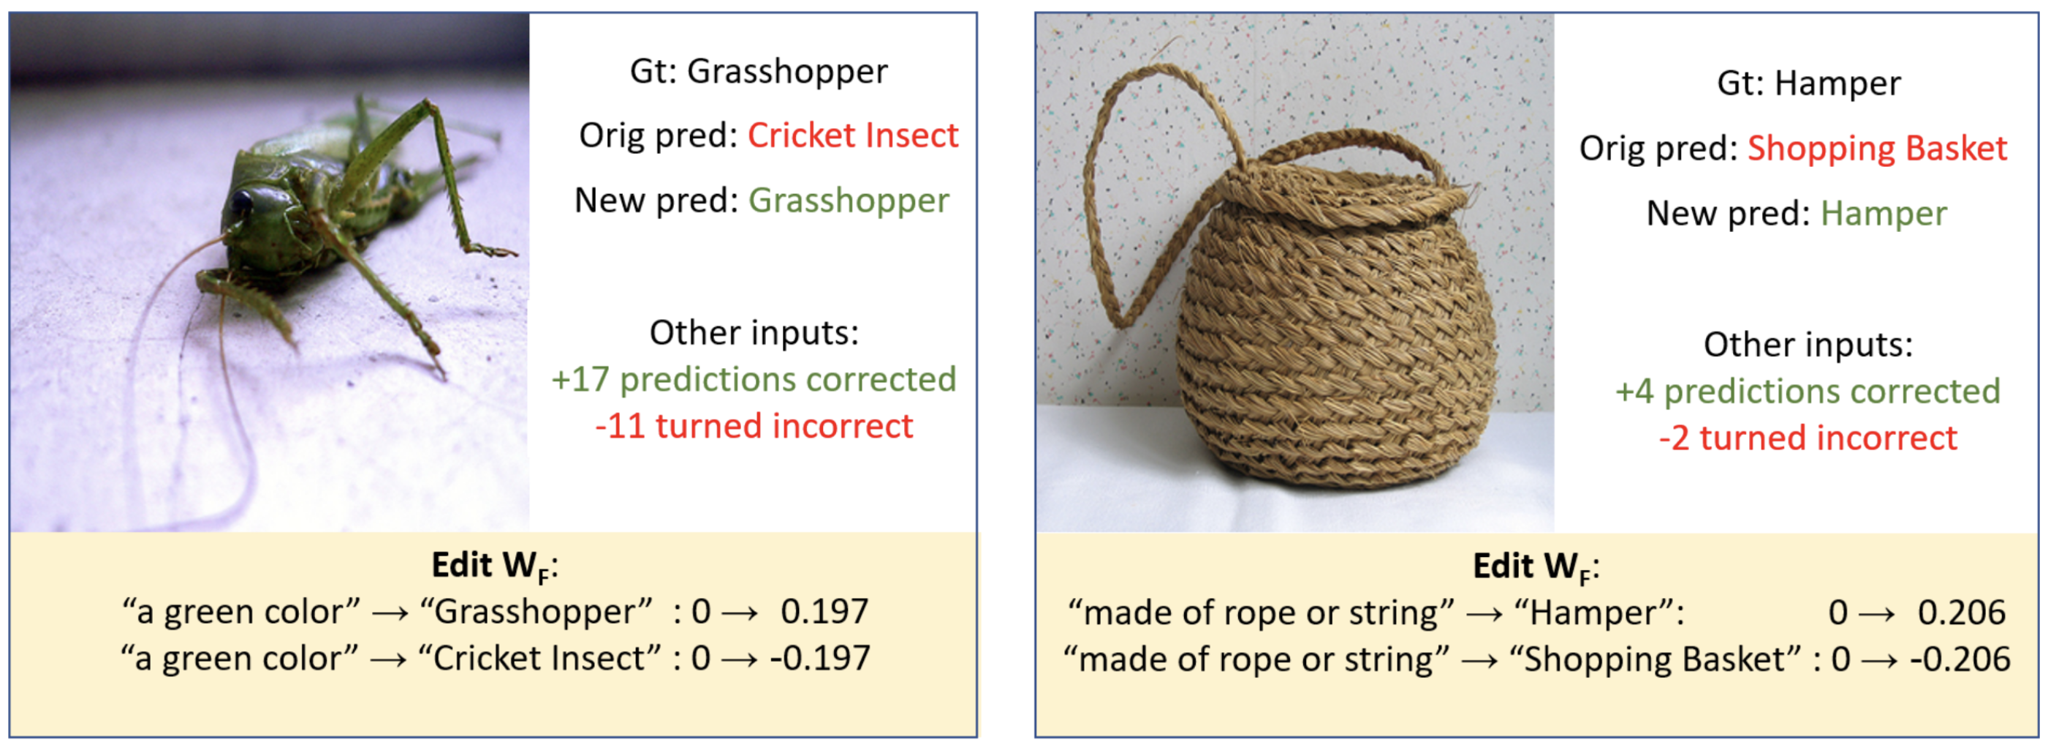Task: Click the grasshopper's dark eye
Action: (240, 203)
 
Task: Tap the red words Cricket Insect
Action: (852, 135)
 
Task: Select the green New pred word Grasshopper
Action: (849, 201)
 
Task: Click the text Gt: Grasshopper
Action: (759, 72)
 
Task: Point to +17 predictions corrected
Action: (754, 380)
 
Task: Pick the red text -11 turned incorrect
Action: (754, 427)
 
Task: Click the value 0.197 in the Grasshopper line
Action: (824, 612)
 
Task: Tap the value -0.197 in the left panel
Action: (819, 659)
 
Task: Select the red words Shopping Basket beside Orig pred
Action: (1876, 149)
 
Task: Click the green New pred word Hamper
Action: (1884, 214)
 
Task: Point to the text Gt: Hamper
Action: (1809, 83)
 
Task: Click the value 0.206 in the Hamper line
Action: (1961, 613)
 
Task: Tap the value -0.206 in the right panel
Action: (1960, 659)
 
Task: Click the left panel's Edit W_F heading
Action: (495, 566)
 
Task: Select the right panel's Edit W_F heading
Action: (1536, 567)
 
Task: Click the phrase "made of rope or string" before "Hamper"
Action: (1261, 613)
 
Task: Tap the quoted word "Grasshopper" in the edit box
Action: (536, 612)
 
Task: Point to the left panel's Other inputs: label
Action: (754, 332)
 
